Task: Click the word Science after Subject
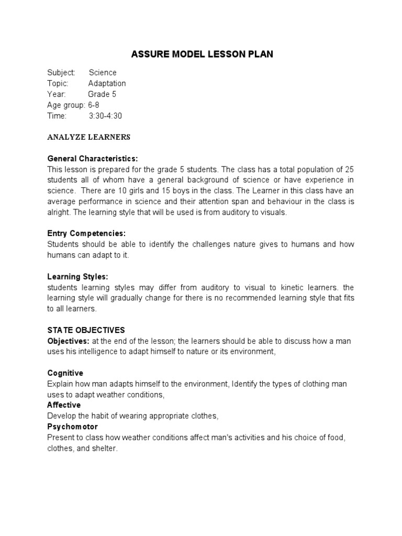coord(103,73)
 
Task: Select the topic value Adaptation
coord(107,84)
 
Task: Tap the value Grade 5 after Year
coord(102,95)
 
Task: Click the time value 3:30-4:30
coord(105,116)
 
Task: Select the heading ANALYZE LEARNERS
coord(88,138)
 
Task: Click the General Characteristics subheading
coord(93,159)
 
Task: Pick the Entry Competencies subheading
coord(86,233)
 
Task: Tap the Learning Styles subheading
coord(78,276)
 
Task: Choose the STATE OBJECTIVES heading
coord(86,330)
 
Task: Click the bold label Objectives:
coord(68,341)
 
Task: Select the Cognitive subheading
coord(65,373)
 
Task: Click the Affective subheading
coord(64,405)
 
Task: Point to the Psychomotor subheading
coord(73,427)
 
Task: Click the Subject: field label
coord(61,73)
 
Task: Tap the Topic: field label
coord(58,84)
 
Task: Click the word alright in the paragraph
coord(58,213)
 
